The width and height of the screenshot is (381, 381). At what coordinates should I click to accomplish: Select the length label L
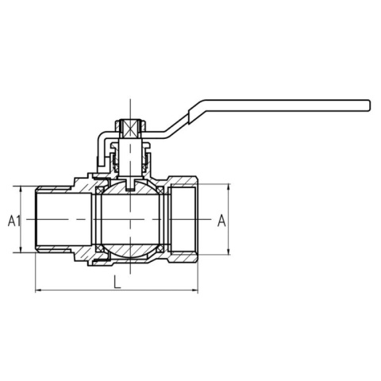tap(117, 282)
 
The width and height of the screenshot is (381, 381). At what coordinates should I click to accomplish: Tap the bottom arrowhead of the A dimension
tap(229, 252)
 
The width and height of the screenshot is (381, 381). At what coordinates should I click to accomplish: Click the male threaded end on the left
tap(49, 220)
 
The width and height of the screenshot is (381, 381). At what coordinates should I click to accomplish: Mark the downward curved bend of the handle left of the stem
tap(98, 143)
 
